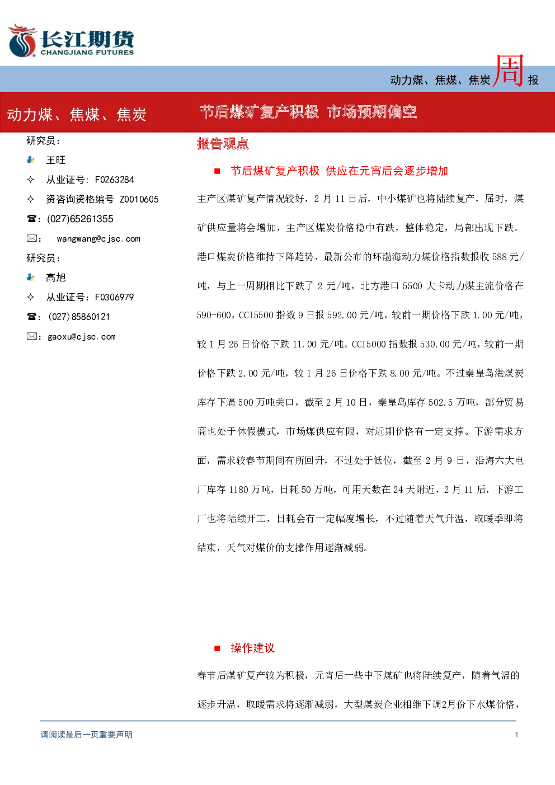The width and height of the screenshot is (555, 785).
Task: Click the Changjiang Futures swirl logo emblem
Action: click(22, 41)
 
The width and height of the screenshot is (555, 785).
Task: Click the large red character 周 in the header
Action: click(509, 71)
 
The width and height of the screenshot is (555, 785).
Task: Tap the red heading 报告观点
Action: click(223, 144)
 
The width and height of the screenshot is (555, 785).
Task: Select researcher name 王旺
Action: click(56, 160)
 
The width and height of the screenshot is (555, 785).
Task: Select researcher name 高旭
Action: click(56, 278)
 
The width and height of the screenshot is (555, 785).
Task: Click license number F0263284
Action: click(115, 180)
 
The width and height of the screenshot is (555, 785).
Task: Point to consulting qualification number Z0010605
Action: click(139, 199)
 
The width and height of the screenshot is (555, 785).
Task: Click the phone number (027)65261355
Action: click(80, 219)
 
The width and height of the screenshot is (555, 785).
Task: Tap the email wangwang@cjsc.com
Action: click(98, 239)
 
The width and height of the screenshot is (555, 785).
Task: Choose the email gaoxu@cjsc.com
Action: click(82, 337)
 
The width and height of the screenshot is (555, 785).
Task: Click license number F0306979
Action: click(115, 297)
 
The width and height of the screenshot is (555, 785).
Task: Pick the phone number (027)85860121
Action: click(79, 317)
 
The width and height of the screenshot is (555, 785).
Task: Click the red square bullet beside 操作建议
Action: click(217, 648)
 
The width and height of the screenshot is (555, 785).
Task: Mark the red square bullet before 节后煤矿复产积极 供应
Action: click(217, 171)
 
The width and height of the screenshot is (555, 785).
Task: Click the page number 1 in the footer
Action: click(516, 735)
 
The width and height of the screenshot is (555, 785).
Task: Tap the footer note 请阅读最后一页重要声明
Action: click(87, 735)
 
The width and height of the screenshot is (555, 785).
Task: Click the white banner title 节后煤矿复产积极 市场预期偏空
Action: click(308, 112)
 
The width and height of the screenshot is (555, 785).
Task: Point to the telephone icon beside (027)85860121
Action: click(31, 317)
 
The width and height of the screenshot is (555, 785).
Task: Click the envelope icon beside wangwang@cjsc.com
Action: click(31, 238)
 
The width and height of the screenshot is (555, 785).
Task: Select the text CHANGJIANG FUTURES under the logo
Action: click(87, 53)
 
